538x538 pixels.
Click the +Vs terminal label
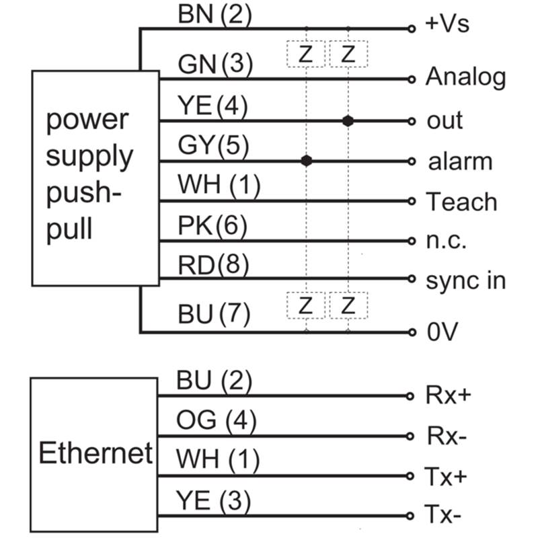tap(447, 25)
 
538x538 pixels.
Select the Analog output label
tap(465, 78)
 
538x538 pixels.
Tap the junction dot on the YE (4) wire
tap(348, 121)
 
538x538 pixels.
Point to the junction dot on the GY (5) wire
tap(307, 161)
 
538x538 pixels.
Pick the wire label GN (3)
tap(215, 65)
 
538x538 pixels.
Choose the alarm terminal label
tap(460, 161)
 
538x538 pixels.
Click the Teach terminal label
tap(461, 202)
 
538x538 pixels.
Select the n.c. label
tap(447, 241)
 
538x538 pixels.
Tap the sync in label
tap(465, 280)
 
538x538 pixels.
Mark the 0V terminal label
tap(442, 332)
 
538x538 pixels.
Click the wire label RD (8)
tap(213, 265)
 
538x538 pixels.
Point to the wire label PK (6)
tap(212, 225)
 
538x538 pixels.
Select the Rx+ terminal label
tap(448, 395)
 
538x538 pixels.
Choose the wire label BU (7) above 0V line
tap(214, 314)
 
